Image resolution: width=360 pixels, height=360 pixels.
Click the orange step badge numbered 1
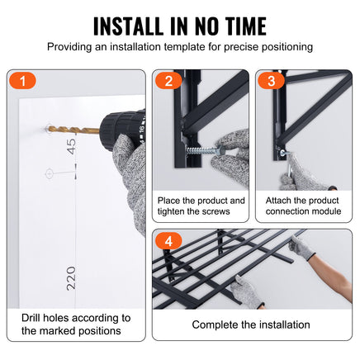[x=22, y=81]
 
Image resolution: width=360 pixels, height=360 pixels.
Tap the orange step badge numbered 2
[x=168, y=81]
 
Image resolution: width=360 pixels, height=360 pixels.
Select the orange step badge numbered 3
[x=272, y=81]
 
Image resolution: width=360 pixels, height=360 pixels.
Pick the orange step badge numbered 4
[x=168, y=241]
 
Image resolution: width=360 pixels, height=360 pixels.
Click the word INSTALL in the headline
[x=129, y=26]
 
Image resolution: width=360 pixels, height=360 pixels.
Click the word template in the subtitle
[x=184, y=47]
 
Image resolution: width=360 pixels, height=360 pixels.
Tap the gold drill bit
[x=73, y=130]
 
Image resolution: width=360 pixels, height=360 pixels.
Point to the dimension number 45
[x=71, y=146]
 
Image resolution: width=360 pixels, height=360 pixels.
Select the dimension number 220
[x=71, y=278]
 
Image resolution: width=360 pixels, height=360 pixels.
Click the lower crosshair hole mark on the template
[x=49, y=173]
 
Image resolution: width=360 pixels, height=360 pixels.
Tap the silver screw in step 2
[x=204, y=150]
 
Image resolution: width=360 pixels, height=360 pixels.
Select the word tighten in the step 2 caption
[x=172, y=211]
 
